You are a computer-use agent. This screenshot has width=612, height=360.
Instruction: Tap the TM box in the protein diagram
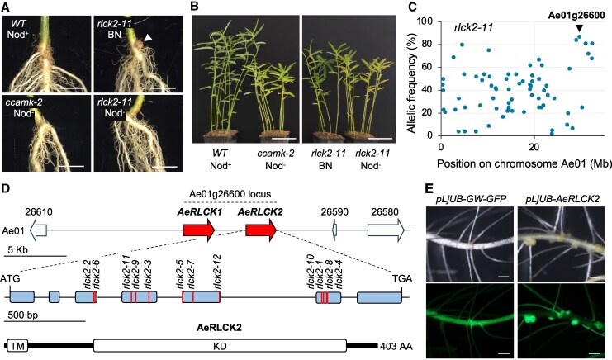18,346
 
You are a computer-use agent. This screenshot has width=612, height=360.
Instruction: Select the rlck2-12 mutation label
217,271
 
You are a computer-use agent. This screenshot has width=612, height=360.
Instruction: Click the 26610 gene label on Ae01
38,213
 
